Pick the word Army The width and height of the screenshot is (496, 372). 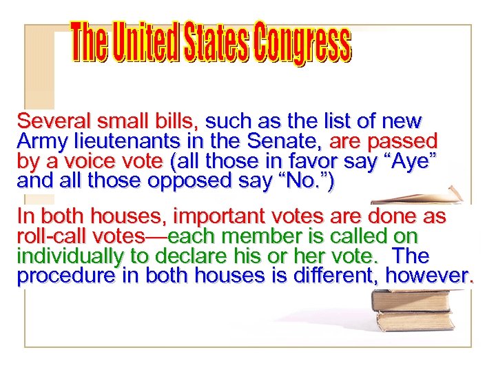(39, 143)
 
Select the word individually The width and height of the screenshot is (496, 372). (59, 256)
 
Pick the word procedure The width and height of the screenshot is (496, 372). (59, 276)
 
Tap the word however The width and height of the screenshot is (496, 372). (427, 276)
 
